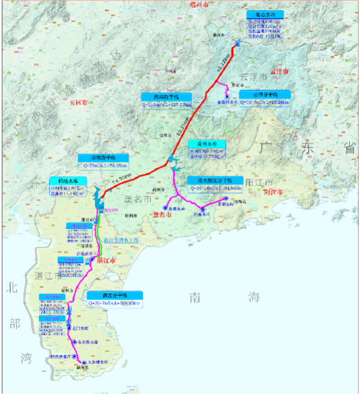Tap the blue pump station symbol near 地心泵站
pyautogui.click(x=238, y=43)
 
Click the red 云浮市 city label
pyautogui.click(x=280, y=71)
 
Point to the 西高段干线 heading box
pyautogui.click(x=166, y=97)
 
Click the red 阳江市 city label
pyautogui.click(x=274, y=193)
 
